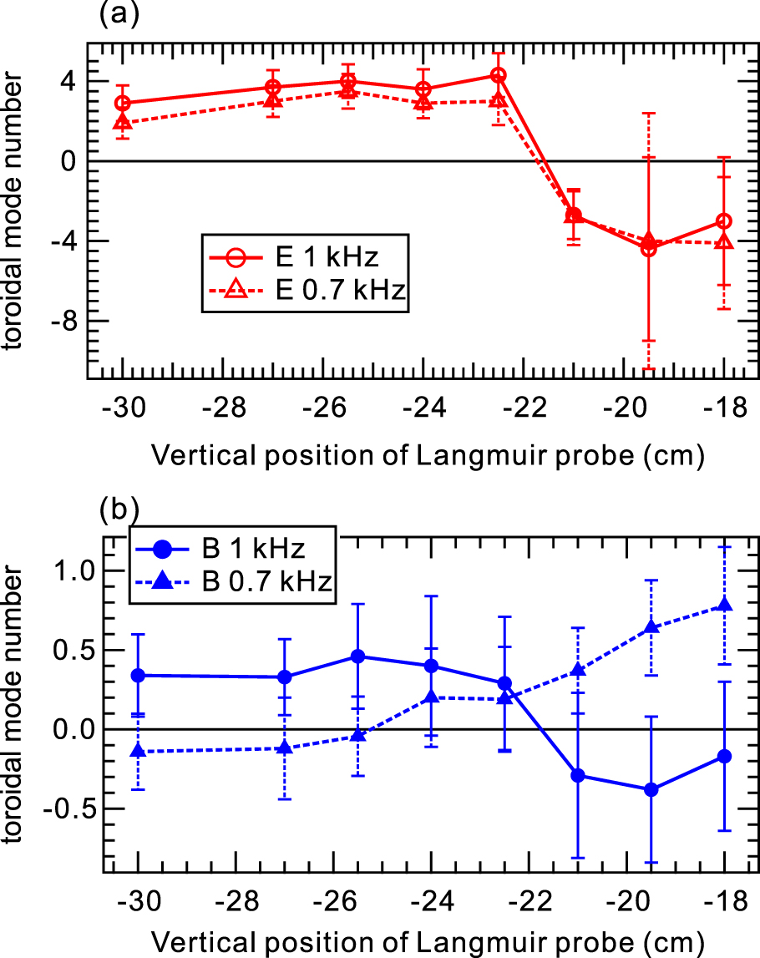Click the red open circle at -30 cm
click(123, 104)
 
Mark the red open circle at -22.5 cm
click(498, 75)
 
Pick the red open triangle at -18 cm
click(724, 242)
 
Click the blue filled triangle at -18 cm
click(724, 605)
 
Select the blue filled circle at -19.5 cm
click(651, 789)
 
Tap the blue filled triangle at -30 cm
click(138, 752)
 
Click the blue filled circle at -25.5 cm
click(357, 656)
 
